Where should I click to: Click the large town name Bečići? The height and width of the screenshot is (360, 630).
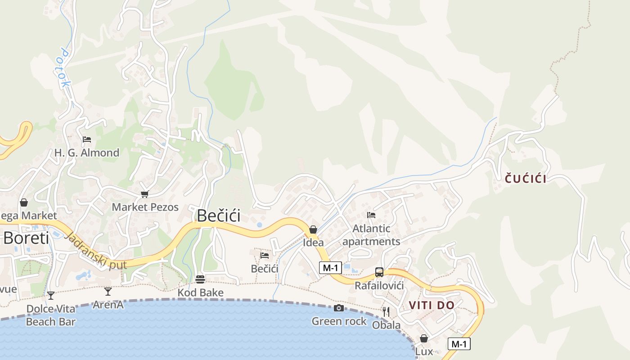point(218,216)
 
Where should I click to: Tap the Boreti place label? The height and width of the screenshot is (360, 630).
point(26,238)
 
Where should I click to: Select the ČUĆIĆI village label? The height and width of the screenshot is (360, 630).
point(526,179)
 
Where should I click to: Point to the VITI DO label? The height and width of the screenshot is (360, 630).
point(432,306)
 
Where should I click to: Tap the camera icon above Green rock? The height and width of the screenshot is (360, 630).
point(339,308)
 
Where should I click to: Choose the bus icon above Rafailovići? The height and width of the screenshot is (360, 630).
point(379,272)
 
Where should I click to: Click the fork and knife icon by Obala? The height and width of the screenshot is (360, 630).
point(386,311)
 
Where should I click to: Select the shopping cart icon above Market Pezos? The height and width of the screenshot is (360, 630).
point(144,194)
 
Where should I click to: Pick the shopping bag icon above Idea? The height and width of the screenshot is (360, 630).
point(313,229)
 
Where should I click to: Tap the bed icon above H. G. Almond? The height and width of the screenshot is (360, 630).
point(87,139)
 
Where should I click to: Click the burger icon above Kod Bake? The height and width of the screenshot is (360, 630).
point(200,279)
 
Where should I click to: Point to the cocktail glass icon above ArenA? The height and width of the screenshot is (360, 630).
point(108,292)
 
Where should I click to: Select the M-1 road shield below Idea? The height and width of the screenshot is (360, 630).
point(330,268)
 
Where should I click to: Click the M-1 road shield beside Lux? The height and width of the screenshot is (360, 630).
point(459,344)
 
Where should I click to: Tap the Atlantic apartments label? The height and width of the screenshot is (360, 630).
point(371,235)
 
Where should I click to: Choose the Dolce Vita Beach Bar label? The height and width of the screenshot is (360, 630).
point(51,315)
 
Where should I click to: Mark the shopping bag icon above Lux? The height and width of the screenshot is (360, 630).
point(424,338)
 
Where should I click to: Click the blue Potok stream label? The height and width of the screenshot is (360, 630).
point(64,68)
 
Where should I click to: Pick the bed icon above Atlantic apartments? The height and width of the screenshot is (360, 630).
point(371,215)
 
